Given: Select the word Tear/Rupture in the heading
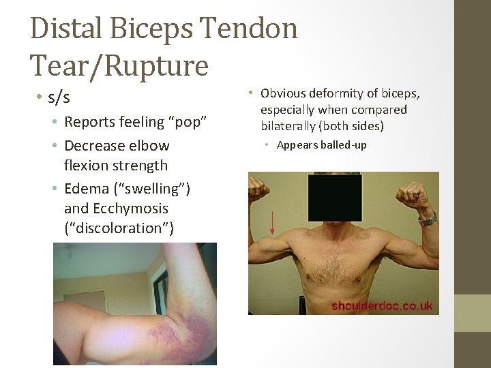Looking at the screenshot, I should point(119,65).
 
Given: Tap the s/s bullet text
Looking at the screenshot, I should point(59,97).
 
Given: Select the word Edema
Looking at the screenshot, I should point(87,188).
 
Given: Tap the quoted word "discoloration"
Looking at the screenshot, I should point(119,228).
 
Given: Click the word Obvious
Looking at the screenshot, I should point(284,93).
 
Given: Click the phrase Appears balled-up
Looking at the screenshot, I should point(321,144).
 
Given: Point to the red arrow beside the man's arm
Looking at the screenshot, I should point(272,221).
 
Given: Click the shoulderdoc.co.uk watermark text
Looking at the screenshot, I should point(382,306).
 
